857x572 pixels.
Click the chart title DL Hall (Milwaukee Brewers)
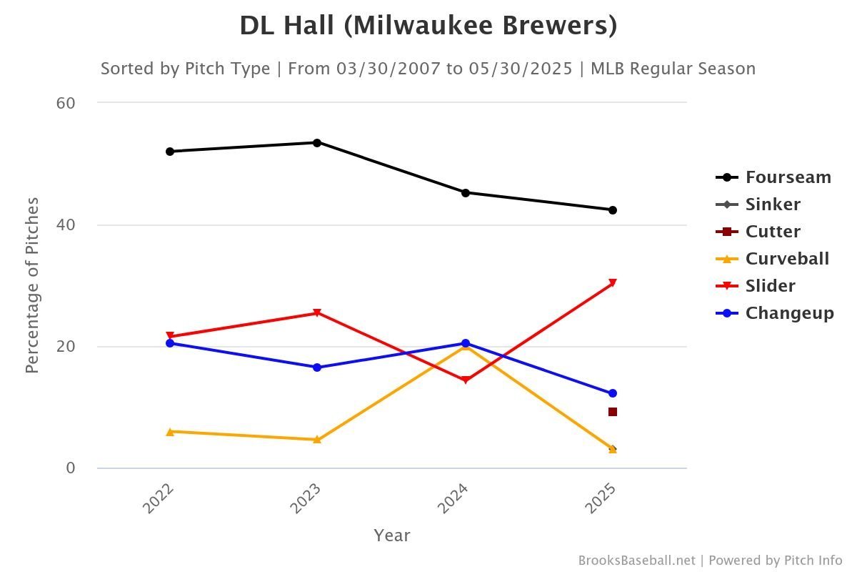(x=428, y=26)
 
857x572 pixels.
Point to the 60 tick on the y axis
(x=66, y=103)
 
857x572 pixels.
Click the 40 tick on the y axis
(x=66, y=225)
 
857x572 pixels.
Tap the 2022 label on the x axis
(x=159, y=498)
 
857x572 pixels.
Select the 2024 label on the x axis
(x=454, y=498)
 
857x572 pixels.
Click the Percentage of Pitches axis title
(x=31, y=285)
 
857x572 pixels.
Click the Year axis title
(x=391, y=536)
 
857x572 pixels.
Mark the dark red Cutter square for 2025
(x=613, y=412)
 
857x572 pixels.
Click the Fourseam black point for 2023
(x=317, y=142)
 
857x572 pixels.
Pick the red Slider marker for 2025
(x=613, y=283)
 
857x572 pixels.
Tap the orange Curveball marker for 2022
(x=170, y=431)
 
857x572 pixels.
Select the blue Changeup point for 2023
(x=317, y=368)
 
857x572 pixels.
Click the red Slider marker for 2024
(x=465, y=380)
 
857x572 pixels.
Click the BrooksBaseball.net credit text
(x=636, y=561)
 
